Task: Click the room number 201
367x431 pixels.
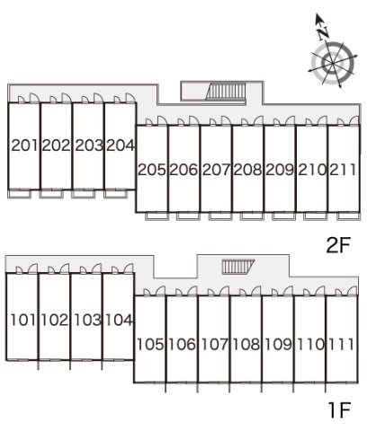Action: tap(24, 145)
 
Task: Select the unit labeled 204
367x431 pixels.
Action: tap(121, 145)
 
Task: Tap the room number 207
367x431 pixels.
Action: tap(216, 170)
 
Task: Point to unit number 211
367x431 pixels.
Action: tap(344, 170)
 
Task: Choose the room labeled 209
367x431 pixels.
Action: tap(280, 170)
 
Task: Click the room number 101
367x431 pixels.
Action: tap(23, 320)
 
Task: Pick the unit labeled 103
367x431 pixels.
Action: tap(87, 320)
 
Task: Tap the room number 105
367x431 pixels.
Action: tap(150, 344)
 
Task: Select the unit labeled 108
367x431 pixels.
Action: tap(246, 344)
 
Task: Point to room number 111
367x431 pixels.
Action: tap(342, 344)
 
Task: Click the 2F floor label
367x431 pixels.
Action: tap(338, 245)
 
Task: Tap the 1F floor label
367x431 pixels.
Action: tap(339, 410)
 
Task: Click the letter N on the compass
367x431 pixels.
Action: tap(323, 33)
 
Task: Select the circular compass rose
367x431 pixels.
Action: tap(333, 64)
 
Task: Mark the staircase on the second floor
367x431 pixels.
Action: tap(226, 91)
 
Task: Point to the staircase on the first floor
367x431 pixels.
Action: tap(237, 267)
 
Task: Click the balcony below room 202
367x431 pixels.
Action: tap(51, 194)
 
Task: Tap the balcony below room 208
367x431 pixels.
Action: tap(253, 215)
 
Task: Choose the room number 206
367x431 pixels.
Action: tap(183, 170)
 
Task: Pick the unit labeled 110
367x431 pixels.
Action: tap(310, 344)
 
